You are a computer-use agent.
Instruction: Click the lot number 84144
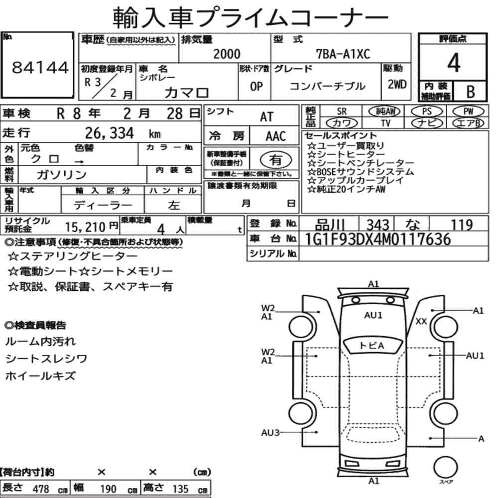40,67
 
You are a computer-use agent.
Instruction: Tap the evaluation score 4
454,63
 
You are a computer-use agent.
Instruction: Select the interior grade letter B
471,92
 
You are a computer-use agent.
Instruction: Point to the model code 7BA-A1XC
343,54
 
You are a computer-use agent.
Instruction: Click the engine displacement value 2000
227,54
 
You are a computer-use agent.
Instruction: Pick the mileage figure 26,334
109,133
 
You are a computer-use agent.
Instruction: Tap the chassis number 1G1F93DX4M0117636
377,239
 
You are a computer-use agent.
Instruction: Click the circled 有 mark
276,160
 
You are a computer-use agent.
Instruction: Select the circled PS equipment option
427,112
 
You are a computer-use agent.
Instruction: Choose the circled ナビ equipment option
427,123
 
